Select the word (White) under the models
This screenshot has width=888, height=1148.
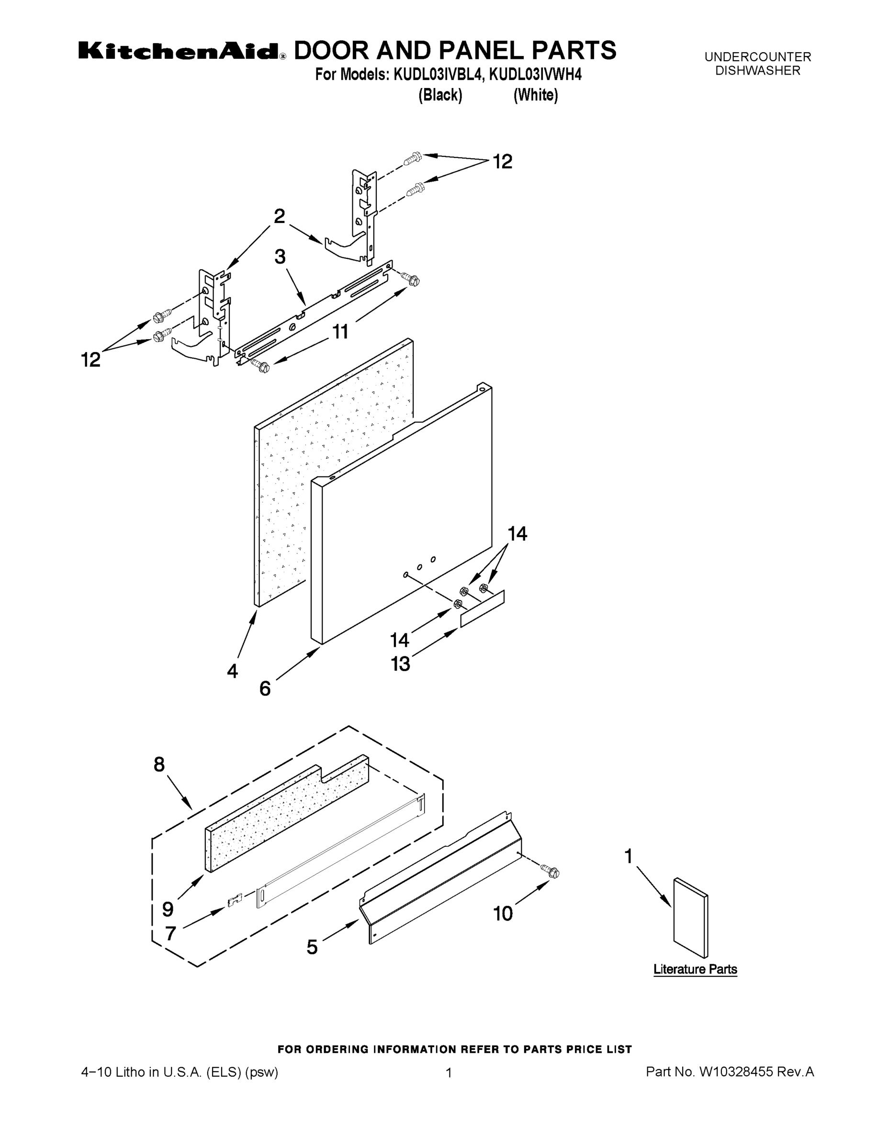point(536,95)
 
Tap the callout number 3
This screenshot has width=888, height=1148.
point(280,257)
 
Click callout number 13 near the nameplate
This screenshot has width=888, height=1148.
point(400,664)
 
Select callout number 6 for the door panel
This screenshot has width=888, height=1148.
point(265,688)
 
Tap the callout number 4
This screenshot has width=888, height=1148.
point(233,671)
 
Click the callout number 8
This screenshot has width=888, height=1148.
point(159,764)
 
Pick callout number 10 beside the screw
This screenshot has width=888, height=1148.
point(502,914)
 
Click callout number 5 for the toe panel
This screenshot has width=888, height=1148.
point(312,947)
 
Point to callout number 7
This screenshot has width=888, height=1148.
point(170,934)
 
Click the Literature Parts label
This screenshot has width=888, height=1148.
point(695,969)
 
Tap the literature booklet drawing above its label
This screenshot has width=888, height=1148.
point(690,918)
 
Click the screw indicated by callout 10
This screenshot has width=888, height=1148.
point(551,872)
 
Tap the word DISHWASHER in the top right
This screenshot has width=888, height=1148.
point(757,70)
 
